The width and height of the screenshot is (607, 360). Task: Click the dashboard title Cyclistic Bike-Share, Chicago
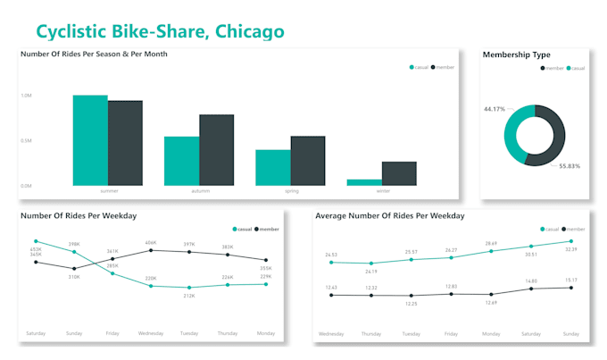(x=161, y=31)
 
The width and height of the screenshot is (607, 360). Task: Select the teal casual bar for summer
(x=90, y=139)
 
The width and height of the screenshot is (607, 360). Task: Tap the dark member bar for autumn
(x=217, y=149)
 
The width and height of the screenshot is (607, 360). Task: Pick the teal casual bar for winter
(x=364, y=181)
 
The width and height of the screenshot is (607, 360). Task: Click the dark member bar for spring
(x=308, y=161)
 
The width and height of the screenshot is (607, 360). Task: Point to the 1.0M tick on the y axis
(x=26, y=96)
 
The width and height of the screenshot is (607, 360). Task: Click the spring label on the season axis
(x=291, y=191)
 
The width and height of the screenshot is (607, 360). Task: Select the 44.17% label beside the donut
(x=495, y=109)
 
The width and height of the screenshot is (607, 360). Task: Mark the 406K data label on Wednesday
(x=151, y=242)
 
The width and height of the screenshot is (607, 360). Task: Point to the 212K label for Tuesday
(x=189, y=295)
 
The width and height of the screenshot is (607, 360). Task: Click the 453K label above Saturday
(x=36, y=248)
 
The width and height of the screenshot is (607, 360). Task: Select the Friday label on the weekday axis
(x=112, y=334)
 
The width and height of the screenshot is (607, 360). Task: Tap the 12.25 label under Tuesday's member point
(x=411, y=304)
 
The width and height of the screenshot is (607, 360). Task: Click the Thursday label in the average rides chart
(x=370, y=333)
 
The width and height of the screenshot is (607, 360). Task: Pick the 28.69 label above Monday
(x=491, y=244)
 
